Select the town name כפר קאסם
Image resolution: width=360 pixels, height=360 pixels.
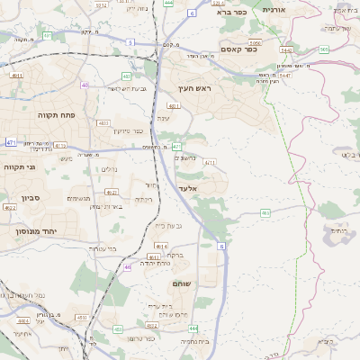tap(239, 49)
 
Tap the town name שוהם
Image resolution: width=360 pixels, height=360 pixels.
tap(181, 283)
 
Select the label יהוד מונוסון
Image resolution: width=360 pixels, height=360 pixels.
tap(36, 231)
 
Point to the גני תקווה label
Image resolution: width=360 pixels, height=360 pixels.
tap(20, 167)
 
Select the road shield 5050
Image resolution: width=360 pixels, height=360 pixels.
tap(255, 41)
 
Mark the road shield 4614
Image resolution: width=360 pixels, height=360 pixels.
tap(161, 245)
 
